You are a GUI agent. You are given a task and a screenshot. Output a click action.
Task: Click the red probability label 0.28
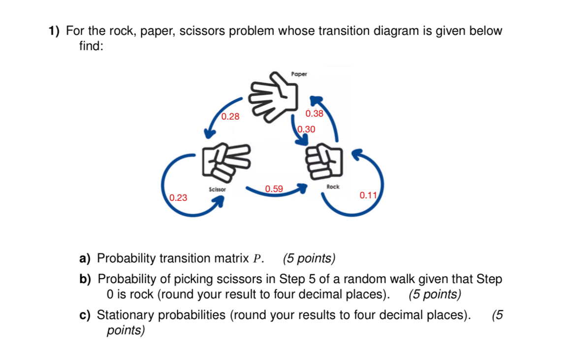tap(230, 117)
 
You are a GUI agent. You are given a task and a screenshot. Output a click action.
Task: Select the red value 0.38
tap(314, 114)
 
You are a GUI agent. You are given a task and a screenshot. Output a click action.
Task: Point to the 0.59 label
tap(274, 189)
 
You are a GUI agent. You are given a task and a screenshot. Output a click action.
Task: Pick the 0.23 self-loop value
tap(178, 198)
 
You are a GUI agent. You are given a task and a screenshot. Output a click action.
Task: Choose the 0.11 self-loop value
tap(368, 195)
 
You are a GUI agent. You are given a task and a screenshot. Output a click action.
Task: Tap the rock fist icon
tap(323, 161)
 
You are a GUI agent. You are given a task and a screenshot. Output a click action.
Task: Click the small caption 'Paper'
tap(299, 74)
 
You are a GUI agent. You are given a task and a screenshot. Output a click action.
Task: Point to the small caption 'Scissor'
tap(217, 189)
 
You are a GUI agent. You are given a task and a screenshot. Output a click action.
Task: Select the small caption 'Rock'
tap(333, 187)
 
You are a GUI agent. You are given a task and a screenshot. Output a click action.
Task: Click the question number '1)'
tap(54, 32)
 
